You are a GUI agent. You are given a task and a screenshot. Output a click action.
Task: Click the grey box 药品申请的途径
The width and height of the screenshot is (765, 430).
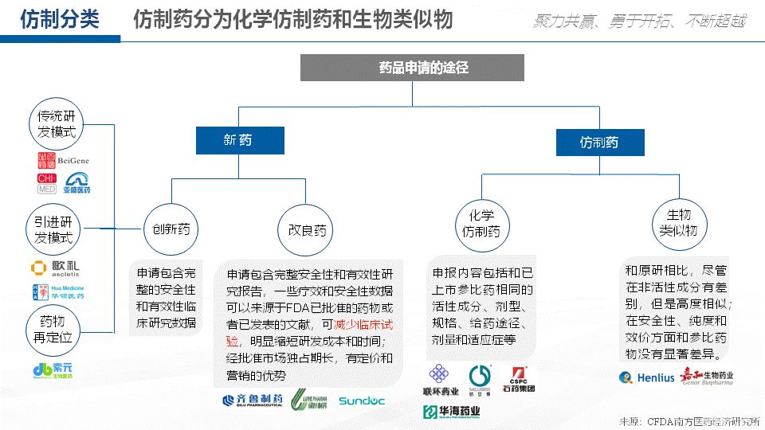(x=412, y=68)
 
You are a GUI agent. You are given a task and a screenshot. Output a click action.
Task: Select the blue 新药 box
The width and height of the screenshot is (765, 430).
(x=237, y=140)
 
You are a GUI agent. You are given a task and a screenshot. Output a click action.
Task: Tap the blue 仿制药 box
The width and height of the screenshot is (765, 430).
(x=598, y=143)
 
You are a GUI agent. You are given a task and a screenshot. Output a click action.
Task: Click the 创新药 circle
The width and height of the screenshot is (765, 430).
(x=171, y=229)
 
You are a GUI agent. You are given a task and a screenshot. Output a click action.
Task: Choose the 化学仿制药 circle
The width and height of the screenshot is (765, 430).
(x=482, y=224)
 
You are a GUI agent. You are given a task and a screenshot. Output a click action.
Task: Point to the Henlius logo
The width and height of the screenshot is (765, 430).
(x=646, y=377)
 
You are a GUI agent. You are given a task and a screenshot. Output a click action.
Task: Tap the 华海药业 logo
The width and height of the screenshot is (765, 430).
(x=452, y=412)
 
